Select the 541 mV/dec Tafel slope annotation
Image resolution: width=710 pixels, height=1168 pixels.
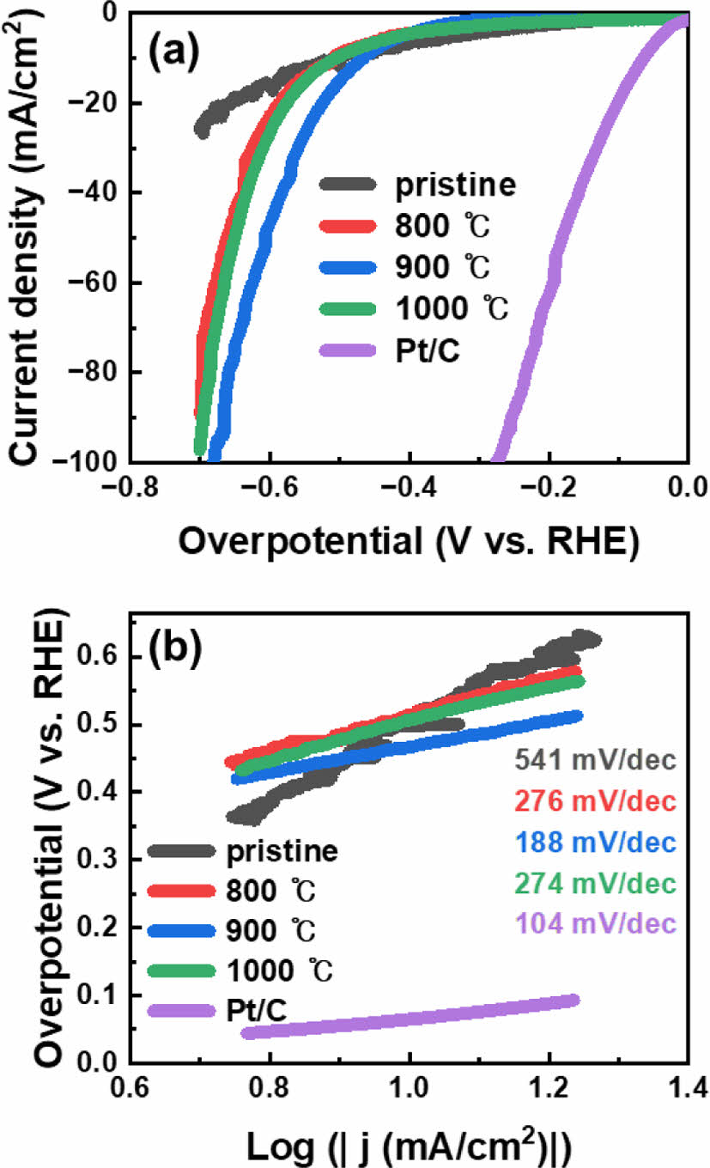(x=595, y=759)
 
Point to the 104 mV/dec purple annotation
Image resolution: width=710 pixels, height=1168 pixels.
(x=595, y=923)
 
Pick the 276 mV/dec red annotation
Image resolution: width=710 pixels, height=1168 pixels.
(x=595, y=800)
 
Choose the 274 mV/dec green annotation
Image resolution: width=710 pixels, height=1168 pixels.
(x=595, y=883)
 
